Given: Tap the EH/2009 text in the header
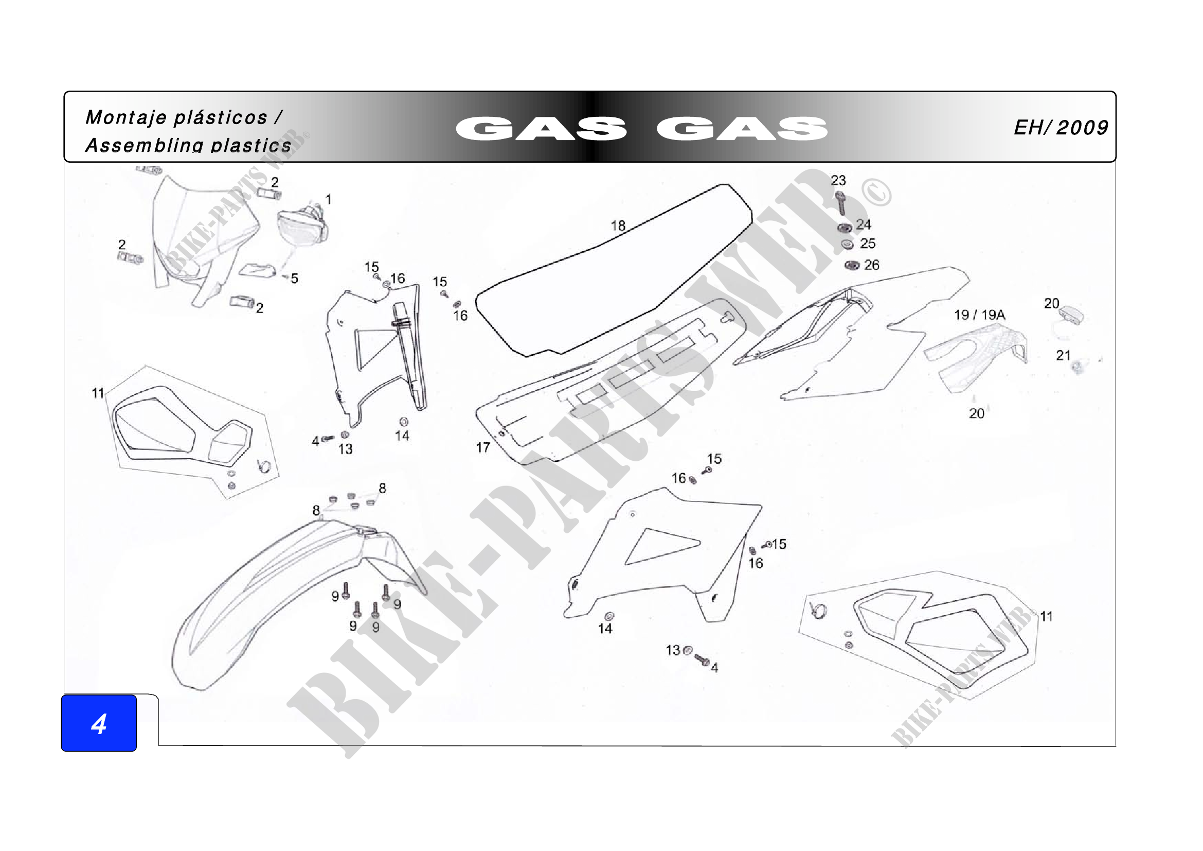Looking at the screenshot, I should [1061, 127].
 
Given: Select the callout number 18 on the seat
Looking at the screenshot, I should [618, 225].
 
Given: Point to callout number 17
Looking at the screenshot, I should [482, 447].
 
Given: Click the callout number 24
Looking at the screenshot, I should [863, 224].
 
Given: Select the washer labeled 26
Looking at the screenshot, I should [851, 265].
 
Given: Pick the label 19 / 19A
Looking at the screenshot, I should [979, 315].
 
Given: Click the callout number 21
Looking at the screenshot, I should [1063, 356].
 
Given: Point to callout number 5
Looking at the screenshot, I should [295, 279].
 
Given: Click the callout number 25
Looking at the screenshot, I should [867, 244].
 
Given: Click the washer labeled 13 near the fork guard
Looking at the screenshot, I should [345, 435].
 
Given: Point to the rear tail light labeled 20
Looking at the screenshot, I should [1071, 315].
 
